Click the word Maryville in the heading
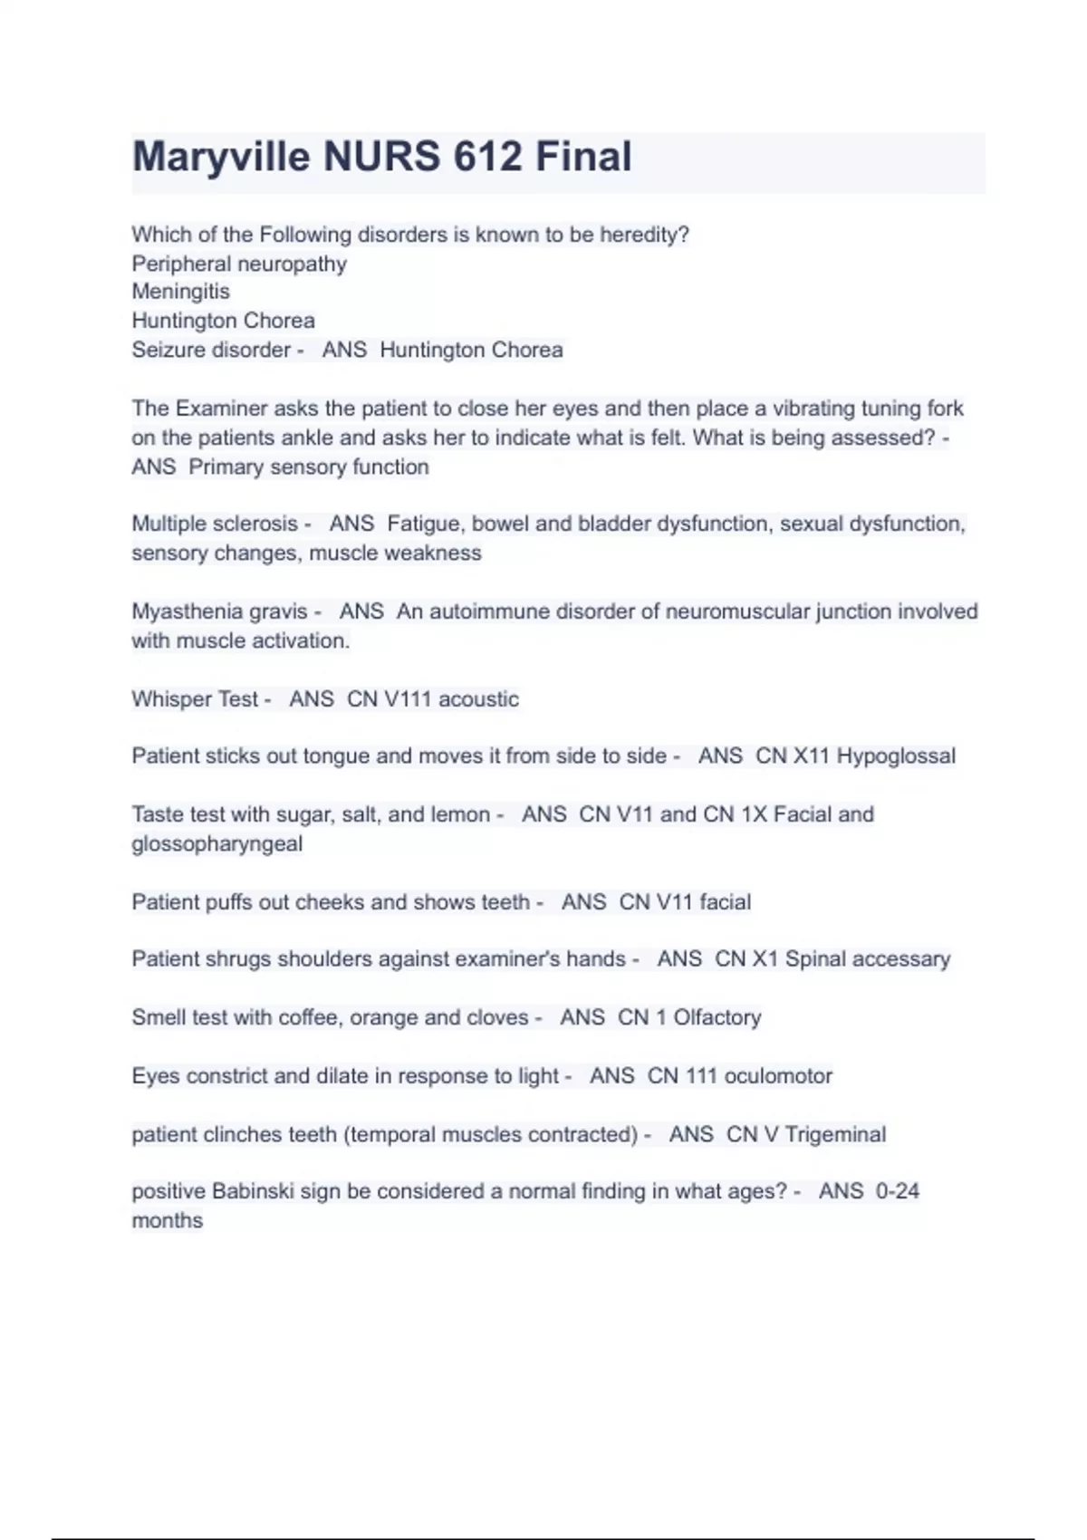click(x=221, y=157)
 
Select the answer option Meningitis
click(x=180, y=292)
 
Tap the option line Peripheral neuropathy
click(x=239, y=264)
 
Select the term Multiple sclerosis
click(x=214, y=524)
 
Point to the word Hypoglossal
click(x=895, y=756)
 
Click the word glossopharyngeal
click(x=217, y=843)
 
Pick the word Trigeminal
click(x=835, y=1134)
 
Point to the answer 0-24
click(x=897, y=1191)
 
